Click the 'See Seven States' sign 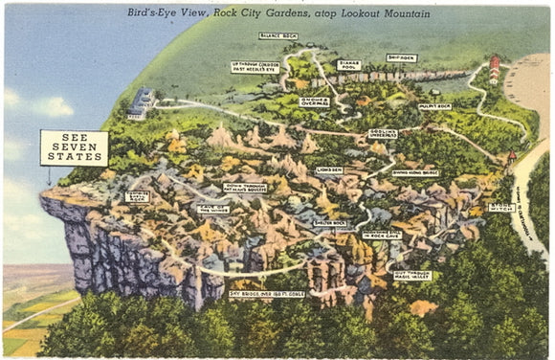[x=74, y=147]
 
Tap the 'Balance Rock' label [x=278, y=36]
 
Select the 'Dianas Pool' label [x=349, y=65]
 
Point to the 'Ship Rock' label [x=402, y=57]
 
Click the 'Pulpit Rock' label [x=435, y=106]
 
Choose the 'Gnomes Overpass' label [x=314, y=101]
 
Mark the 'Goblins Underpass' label [x=383, y=134]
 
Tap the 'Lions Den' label [x=329, y=170]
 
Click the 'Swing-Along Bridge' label [x=415, y=172]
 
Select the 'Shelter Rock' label [x=330, y=223]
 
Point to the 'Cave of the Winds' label [x=212, y=208]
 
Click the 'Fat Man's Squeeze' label [x=245, y=188]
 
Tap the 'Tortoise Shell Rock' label [x=137, y=196]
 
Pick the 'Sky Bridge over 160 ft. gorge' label [x=269, y=294]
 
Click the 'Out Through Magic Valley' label [x=412, y=276]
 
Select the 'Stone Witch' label [x=501, y=207]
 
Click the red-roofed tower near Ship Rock [x=495, y=70]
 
